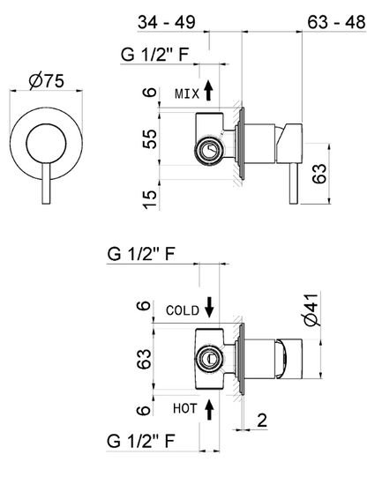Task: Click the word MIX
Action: pyautogui.click(x=187, y=93)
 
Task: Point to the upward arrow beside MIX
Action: pyautogui.click(x=208, y=90)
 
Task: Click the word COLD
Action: pyautogui.click(x=182, y=310)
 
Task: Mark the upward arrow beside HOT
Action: pyautogui.click(x=208, y=408)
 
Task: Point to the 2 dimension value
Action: pyautogui.click(x=262, y=421)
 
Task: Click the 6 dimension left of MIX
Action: pyautogui.click(x=150, y=93)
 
